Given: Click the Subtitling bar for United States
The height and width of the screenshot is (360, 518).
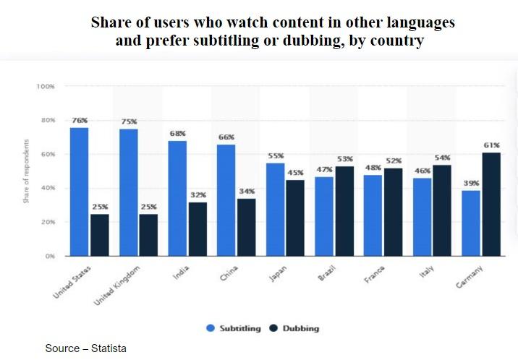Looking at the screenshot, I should (x=79, y=192).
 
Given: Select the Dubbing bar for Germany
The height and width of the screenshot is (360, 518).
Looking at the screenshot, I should (x=491, y=204).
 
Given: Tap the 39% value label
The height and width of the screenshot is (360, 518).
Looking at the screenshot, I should (x=471, y=183).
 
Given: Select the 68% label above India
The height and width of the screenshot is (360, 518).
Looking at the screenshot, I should (x=177, y=134).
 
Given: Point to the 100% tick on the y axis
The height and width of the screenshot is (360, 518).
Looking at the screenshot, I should (x=46, y=86).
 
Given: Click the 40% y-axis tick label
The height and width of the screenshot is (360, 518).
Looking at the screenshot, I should (x=48, y=188).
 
